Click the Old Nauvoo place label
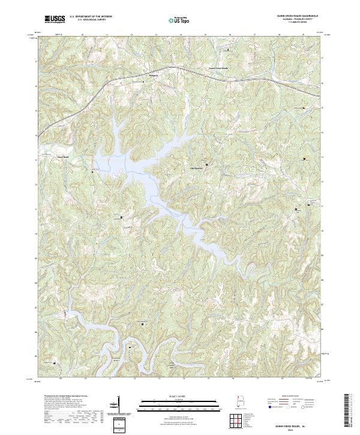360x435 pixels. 197,168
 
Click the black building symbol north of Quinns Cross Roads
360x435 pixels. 227,50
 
